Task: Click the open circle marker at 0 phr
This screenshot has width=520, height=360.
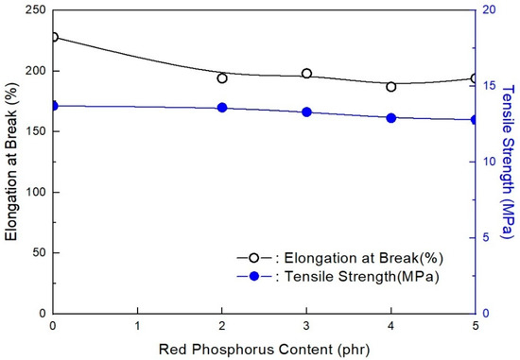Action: [53, 37]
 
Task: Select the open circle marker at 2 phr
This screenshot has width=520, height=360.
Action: [222, 78]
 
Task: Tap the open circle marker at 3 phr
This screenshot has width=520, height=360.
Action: [306, 74]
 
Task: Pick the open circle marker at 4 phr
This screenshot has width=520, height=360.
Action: [391, 87]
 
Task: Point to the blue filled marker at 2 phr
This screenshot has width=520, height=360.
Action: [222, 108]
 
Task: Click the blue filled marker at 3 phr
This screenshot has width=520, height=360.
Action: [306, 112]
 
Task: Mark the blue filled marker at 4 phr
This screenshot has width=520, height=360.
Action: [391, 118]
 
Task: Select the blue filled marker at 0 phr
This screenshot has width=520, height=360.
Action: [53, 106]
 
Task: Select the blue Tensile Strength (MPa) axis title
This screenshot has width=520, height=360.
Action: [508, 161]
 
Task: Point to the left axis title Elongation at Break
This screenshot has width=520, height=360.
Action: [10, 161]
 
